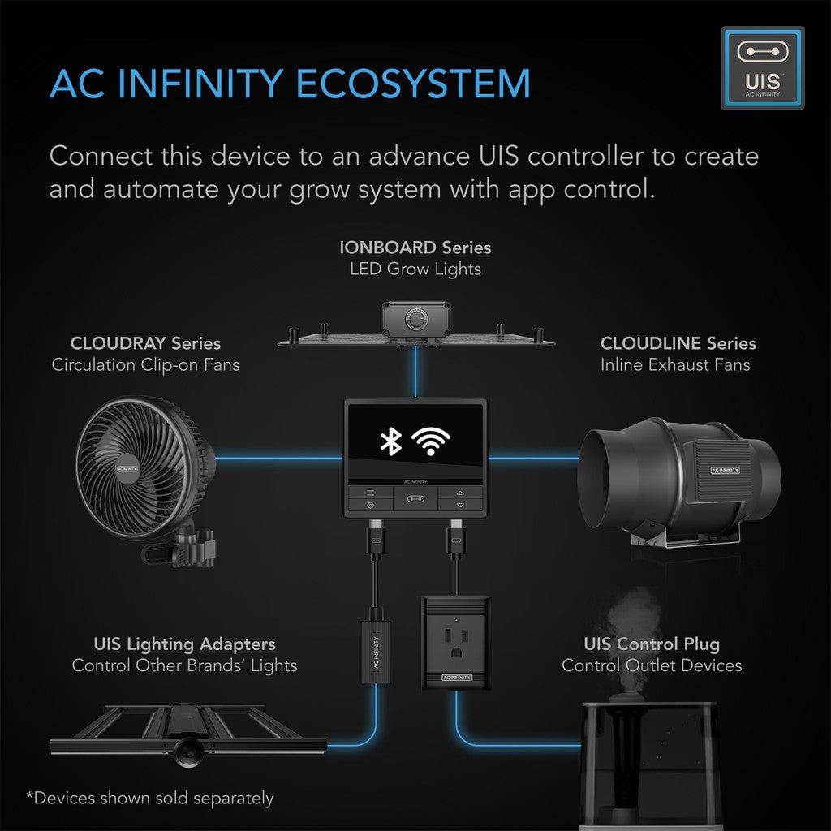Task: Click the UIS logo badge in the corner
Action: click(x=762, y=67)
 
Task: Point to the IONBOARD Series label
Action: click(x=415, y=247)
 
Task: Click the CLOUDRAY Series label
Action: click(x=145, y=343)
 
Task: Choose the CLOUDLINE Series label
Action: click(x=678, y=343)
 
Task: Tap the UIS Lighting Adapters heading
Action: click(x=184, y=644)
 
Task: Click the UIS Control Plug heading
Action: click(x=652, y=644)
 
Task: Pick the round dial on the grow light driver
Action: click(x=417, y=320)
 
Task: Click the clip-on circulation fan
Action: click(x=146, y=471)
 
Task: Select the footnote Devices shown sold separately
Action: click(x=150, y=798)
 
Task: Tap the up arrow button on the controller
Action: click(x=461, y=492)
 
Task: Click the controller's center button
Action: click(x=415, y=499)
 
